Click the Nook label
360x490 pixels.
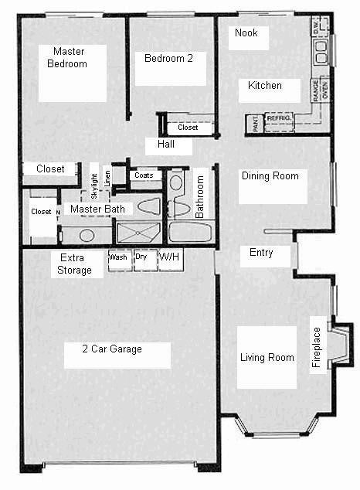pos(246,33)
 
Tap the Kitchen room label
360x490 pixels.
pos(265,86)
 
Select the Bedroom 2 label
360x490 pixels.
pos(163,58)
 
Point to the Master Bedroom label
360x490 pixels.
pos(67,58)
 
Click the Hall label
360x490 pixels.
pos(165,145)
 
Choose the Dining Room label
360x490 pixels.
pos(270,176)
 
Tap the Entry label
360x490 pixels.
pos(260,253)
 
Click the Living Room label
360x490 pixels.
pos(267,358)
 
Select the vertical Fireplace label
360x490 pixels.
pos(315,345)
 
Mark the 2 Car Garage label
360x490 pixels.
pos(112,349)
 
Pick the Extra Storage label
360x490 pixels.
pos(75,264)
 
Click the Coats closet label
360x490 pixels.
pos(144,175)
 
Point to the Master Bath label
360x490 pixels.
pos(97,209)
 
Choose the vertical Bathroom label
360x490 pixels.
pos(200,196)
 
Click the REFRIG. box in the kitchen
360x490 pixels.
pos(279,119)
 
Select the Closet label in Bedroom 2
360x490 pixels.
pos(188,128)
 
